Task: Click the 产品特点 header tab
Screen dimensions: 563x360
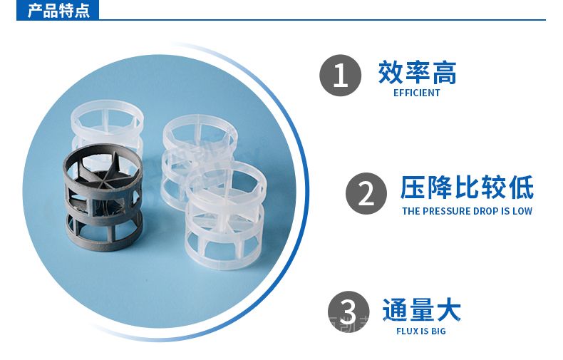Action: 58,10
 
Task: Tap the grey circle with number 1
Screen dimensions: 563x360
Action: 340,76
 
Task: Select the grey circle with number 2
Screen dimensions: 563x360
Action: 366,194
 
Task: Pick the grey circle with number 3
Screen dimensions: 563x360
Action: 348,312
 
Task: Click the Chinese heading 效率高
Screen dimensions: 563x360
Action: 417,73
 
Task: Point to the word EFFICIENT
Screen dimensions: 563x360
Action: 416,93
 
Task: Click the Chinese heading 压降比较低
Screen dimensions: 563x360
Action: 467,187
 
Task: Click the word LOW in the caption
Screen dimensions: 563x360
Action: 522,211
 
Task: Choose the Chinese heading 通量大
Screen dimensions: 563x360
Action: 421,309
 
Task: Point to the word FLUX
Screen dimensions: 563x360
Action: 408,331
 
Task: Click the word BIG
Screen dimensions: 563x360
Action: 438,331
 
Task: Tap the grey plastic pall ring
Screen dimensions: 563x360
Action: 103,197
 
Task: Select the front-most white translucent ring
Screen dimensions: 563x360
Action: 225,215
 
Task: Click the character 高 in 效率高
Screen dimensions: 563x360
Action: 444,73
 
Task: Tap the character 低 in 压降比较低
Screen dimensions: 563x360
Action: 521,187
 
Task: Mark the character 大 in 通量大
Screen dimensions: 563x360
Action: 448,309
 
